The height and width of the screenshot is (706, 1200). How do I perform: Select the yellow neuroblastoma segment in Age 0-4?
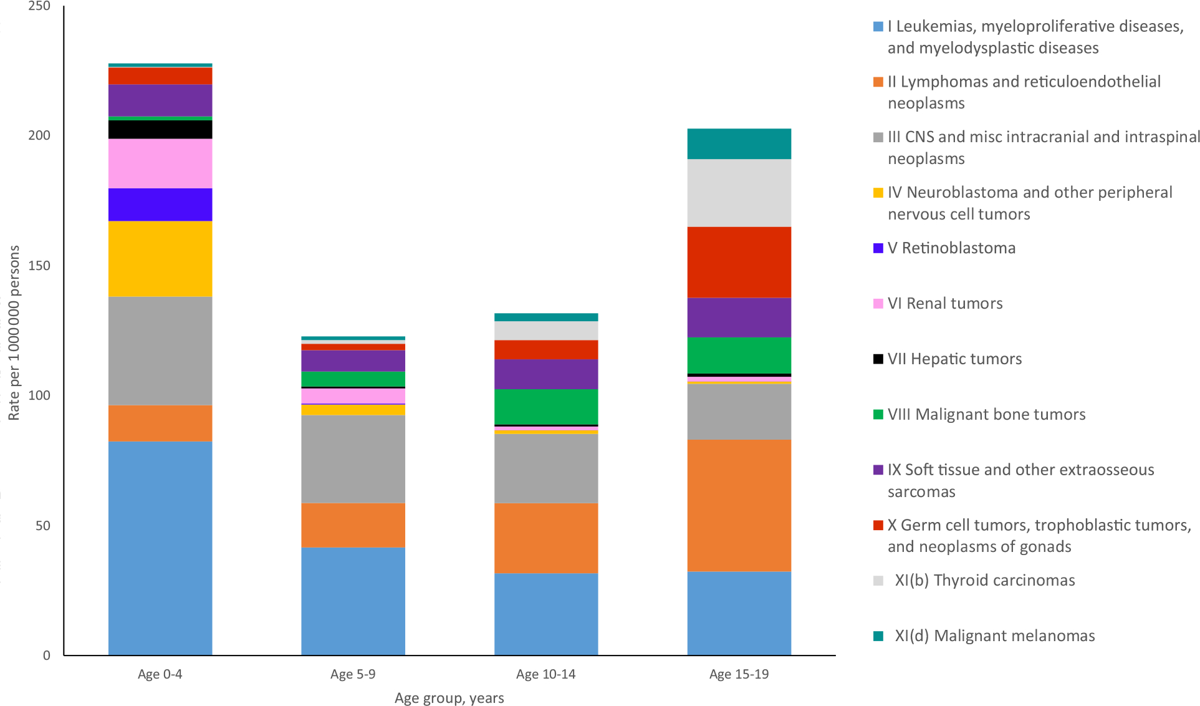160,258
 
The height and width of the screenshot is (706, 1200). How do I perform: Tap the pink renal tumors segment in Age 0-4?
160,163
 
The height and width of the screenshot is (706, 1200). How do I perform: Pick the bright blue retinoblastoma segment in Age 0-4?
160,204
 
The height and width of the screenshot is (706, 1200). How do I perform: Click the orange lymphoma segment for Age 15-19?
739,505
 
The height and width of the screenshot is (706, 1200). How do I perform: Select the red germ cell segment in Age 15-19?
739,262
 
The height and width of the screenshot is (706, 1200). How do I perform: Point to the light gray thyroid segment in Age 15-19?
739,193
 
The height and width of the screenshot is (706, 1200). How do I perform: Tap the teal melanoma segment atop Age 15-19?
739,143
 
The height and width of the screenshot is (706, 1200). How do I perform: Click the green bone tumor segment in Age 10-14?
546,407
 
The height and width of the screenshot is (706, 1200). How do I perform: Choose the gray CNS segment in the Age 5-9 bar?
353,458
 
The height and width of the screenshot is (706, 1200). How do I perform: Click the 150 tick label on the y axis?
39,266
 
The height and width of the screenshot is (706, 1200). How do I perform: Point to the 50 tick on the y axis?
42,526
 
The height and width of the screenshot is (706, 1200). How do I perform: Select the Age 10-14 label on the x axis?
546,674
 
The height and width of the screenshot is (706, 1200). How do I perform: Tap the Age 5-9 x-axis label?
353,674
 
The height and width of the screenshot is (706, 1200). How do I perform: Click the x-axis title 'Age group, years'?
449,698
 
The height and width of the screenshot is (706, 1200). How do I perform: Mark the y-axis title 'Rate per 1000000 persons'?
14,333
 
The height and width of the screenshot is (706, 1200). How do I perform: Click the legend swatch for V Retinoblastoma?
878,248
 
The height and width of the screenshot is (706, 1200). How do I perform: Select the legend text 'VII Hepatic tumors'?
954,359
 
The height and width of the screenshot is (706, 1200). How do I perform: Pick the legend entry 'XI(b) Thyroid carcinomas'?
984,580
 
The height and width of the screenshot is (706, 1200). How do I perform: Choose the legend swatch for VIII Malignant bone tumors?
878,414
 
